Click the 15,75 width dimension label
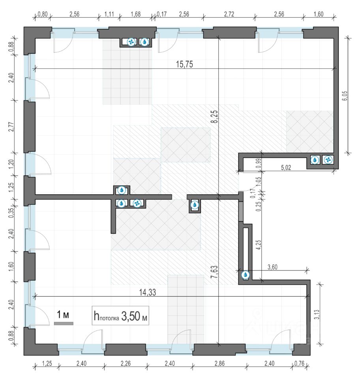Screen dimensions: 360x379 [184, 64]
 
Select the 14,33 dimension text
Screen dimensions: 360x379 [147, 292]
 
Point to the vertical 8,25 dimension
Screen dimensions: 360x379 [214, 116]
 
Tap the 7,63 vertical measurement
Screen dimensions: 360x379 [214, 272]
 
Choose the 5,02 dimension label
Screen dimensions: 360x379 [286, 167]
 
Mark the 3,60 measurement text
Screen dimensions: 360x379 [272, 267]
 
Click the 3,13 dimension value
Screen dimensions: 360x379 [317, 315]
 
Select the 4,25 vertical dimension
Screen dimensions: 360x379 [259, 245]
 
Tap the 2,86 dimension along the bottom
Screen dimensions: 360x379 [219, 363]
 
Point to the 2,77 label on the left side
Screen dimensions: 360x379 [11, 127]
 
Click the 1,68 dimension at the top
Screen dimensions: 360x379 [135, 14]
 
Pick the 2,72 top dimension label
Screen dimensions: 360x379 [229, 14]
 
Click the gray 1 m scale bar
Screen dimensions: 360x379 [64, 323]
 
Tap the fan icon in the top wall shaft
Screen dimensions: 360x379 [131, 42]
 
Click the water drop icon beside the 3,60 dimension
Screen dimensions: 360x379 [246, 275]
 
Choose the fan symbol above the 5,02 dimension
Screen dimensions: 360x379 [328, 160]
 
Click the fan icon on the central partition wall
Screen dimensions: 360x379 [137, 203]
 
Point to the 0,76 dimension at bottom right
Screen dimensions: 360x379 [299, 363]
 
